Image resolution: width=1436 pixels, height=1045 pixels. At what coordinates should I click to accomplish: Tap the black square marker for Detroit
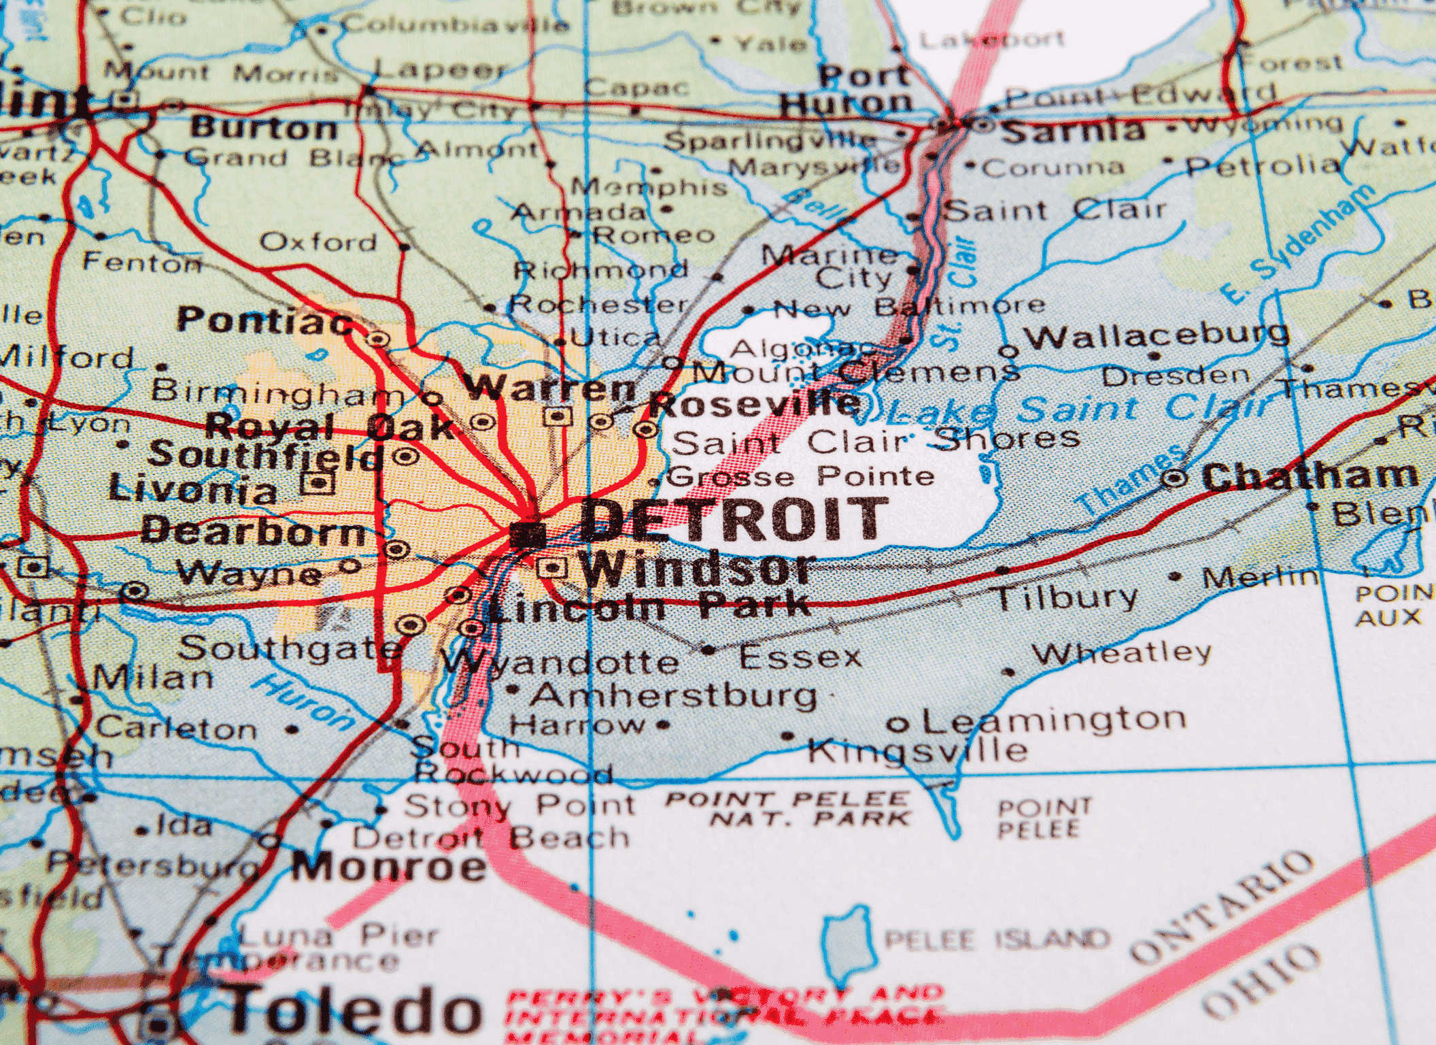tap(528, 535)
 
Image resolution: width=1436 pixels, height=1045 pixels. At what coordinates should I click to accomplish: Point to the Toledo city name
tap(354, 1011)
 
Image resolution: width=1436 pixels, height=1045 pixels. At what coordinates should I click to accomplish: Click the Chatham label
tap(1310, 476)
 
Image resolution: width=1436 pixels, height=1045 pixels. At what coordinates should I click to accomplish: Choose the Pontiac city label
tap(265, 320)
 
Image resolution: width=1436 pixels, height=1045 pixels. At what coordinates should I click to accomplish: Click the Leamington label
tap(1053, 720)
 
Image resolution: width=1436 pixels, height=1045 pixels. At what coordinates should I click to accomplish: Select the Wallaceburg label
tap(1157, 335)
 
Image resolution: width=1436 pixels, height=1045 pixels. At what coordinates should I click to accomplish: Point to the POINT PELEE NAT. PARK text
tap(789, 809)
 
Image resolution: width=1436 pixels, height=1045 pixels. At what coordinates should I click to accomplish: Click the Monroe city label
tap(390, 867)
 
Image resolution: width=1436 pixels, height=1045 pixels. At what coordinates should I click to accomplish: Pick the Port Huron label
tap(847, 90)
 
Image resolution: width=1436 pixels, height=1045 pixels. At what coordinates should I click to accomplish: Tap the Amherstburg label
tap(674, 695)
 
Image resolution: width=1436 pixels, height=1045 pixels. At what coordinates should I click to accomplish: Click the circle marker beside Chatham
tap(1174, 478)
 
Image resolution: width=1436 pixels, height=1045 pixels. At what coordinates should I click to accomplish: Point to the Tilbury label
tap(1066, 598)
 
